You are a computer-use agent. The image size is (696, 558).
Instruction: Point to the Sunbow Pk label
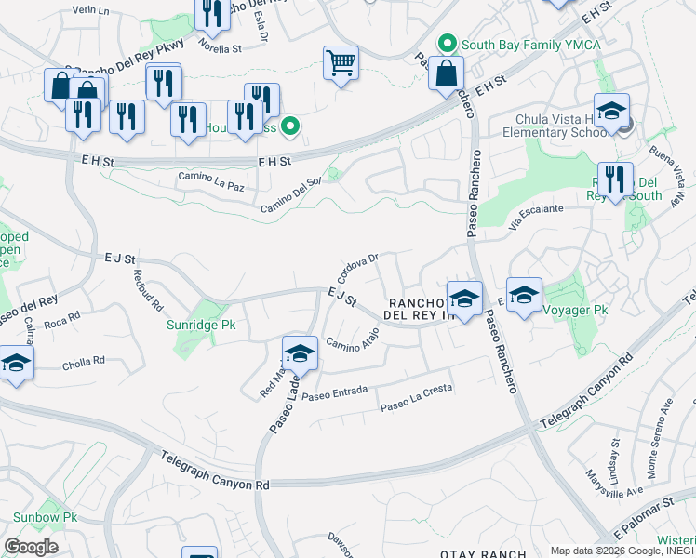click(44, 517)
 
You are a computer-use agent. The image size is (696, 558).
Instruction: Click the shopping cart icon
click(341, 64)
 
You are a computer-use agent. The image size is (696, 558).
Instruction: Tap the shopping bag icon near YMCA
click(447, 73)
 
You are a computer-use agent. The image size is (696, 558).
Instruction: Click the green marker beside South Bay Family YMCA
click(448, 44)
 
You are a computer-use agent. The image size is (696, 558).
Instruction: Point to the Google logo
click(31, 547)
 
